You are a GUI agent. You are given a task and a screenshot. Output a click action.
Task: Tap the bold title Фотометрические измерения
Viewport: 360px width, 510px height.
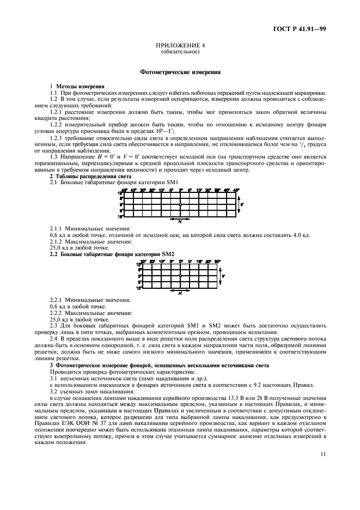click(x=180, y=72)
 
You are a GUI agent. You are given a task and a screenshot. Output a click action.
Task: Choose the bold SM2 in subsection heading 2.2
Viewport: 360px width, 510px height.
click(x=168, y=254)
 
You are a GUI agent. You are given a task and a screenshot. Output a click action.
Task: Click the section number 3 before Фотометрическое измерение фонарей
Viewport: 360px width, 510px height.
click(x=51, y=365)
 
